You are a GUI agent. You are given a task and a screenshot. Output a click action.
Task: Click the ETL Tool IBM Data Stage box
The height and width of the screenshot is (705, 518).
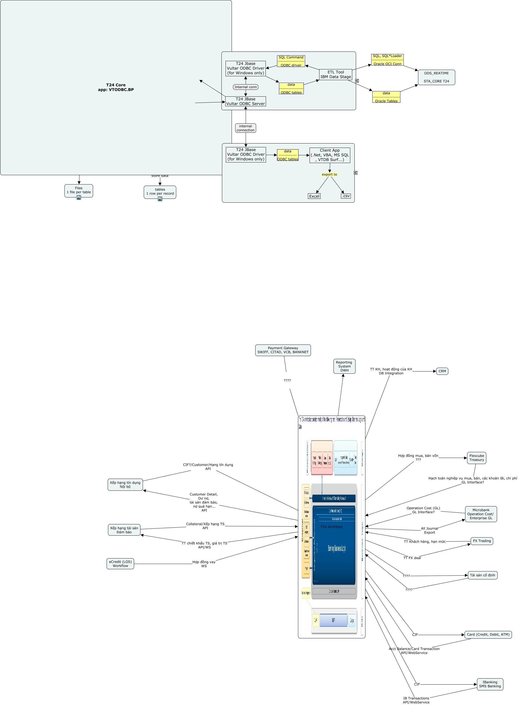coord(335,74)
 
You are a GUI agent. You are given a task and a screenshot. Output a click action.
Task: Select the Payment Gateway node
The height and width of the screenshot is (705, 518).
coord(283,350)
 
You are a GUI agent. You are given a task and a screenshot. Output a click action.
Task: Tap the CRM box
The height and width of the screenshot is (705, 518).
coord(442,371)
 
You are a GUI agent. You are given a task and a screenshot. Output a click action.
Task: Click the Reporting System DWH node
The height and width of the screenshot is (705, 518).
coord(344,366)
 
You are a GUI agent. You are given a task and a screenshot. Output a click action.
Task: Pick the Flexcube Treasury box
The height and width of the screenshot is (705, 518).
coord(476,458)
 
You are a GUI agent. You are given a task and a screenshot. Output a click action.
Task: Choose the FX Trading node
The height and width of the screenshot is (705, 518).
coord(482,541)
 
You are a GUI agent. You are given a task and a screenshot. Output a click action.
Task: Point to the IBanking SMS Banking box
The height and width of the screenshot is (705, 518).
coord(490,684)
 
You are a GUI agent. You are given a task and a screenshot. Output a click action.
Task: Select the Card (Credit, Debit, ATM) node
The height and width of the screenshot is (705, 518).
coord(488,634)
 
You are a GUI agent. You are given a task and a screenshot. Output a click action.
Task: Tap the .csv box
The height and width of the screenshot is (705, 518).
coord(346,196)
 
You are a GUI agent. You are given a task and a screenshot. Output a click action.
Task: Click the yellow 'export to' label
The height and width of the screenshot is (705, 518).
coord(329,175)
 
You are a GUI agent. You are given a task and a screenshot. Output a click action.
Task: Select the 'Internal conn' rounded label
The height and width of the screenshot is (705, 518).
coord(246,87)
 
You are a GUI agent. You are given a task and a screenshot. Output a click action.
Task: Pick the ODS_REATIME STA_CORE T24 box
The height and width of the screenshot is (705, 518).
coord(436,77)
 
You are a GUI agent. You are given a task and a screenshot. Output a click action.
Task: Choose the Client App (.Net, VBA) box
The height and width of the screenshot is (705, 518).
coord(330,155)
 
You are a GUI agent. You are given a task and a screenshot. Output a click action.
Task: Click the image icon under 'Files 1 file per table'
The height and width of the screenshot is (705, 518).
coord(79,197)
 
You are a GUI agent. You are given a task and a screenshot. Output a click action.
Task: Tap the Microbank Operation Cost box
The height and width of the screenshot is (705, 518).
coord(481,514)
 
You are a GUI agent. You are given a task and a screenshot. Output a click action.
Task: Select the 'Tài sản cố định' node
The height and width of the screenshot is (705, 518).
coord(482,575)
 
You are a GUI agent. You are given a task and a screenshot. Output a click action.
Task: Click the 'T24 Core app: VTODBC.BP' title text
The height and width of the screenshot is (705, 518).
coord(116,87)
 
